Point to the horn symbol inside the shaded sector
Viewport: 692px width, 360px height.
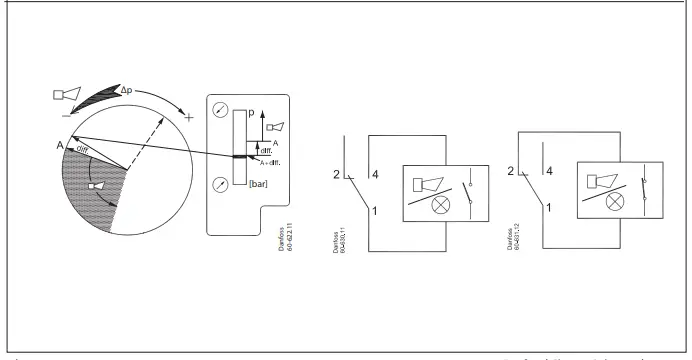pyautogui.click(x=97, y=185)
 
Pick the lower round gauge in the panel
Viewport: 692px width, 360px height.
pyautogui.click(x=219, y=184)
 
